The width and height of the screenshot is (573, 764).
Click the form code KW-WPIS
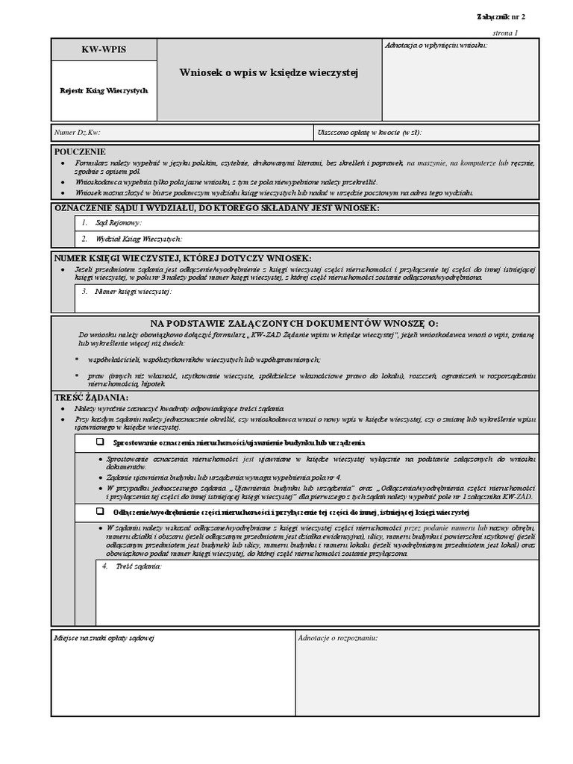104,49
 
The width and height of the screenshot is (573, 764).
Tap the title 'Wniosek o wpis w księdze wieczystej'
269,72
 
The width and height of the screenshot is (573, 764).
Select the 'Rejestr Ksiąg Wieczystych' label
104,90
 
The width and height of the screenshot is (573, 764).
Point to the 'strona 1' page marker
505,34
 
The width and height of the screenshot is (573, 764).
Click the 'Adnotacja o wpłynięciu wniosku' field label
436,46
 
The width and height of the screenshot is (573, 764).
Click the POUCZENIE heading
81,151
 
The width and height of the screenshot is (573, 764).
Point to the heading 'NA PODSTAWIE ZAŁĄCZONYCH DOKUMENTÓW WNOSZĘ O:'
295,323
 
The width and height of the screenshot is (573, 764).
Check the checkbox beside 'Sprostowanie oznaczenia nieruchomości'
99,442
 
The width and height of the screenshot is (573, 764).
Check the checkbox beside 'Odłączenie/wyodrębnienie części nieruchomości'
99,513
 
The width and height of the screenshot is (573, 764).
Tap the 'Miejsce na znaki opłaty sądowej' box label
104,639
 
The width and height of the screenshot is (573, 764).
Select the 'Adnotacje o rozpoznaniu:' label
337,639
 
